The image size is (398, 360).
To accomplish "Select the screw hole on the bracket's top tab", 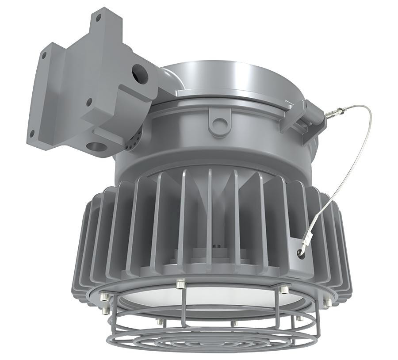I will click(99, 18).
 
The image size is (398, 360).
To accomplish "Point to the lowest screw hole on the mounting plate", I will click(32, 132).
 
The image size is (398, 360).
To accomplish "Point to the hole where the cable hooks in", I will click(301, 253).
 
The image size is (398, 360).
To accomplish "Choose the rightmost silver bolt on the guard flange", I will click(328, 303).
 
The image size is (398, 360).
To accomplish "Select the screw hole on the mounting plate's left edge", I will click(44, 56).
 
